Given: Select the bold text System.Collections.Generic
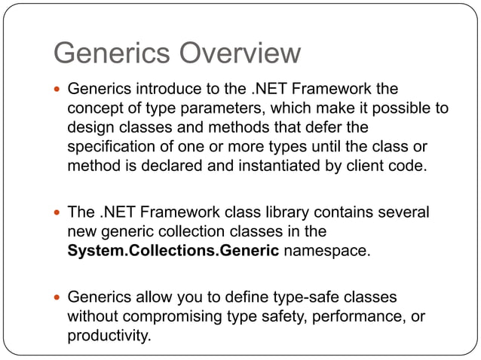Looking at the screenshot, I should tap(173, 251).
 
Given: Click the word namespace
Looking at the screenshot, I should tap(327, 251).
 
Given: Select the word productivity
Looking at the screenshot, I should tap(109, 335).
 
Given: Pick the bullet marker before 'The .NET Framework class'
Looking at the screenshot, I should tap(58, 213).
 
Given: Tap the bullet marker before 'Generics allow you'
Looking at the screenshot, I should tap(58, 297).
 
